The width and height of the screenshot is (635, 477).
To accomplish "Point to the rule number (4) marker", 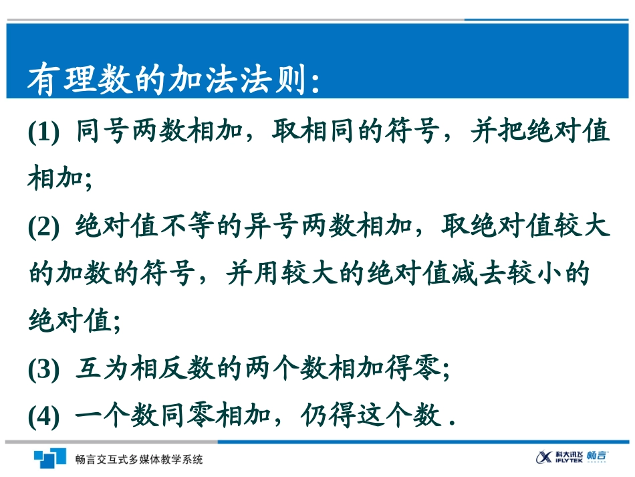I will point(44,417).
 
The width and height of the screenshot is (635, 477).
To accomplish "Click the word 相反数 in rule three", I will point(174,368).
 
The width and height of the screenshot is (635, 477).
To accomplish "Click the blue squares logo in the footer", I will point(50,458).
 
